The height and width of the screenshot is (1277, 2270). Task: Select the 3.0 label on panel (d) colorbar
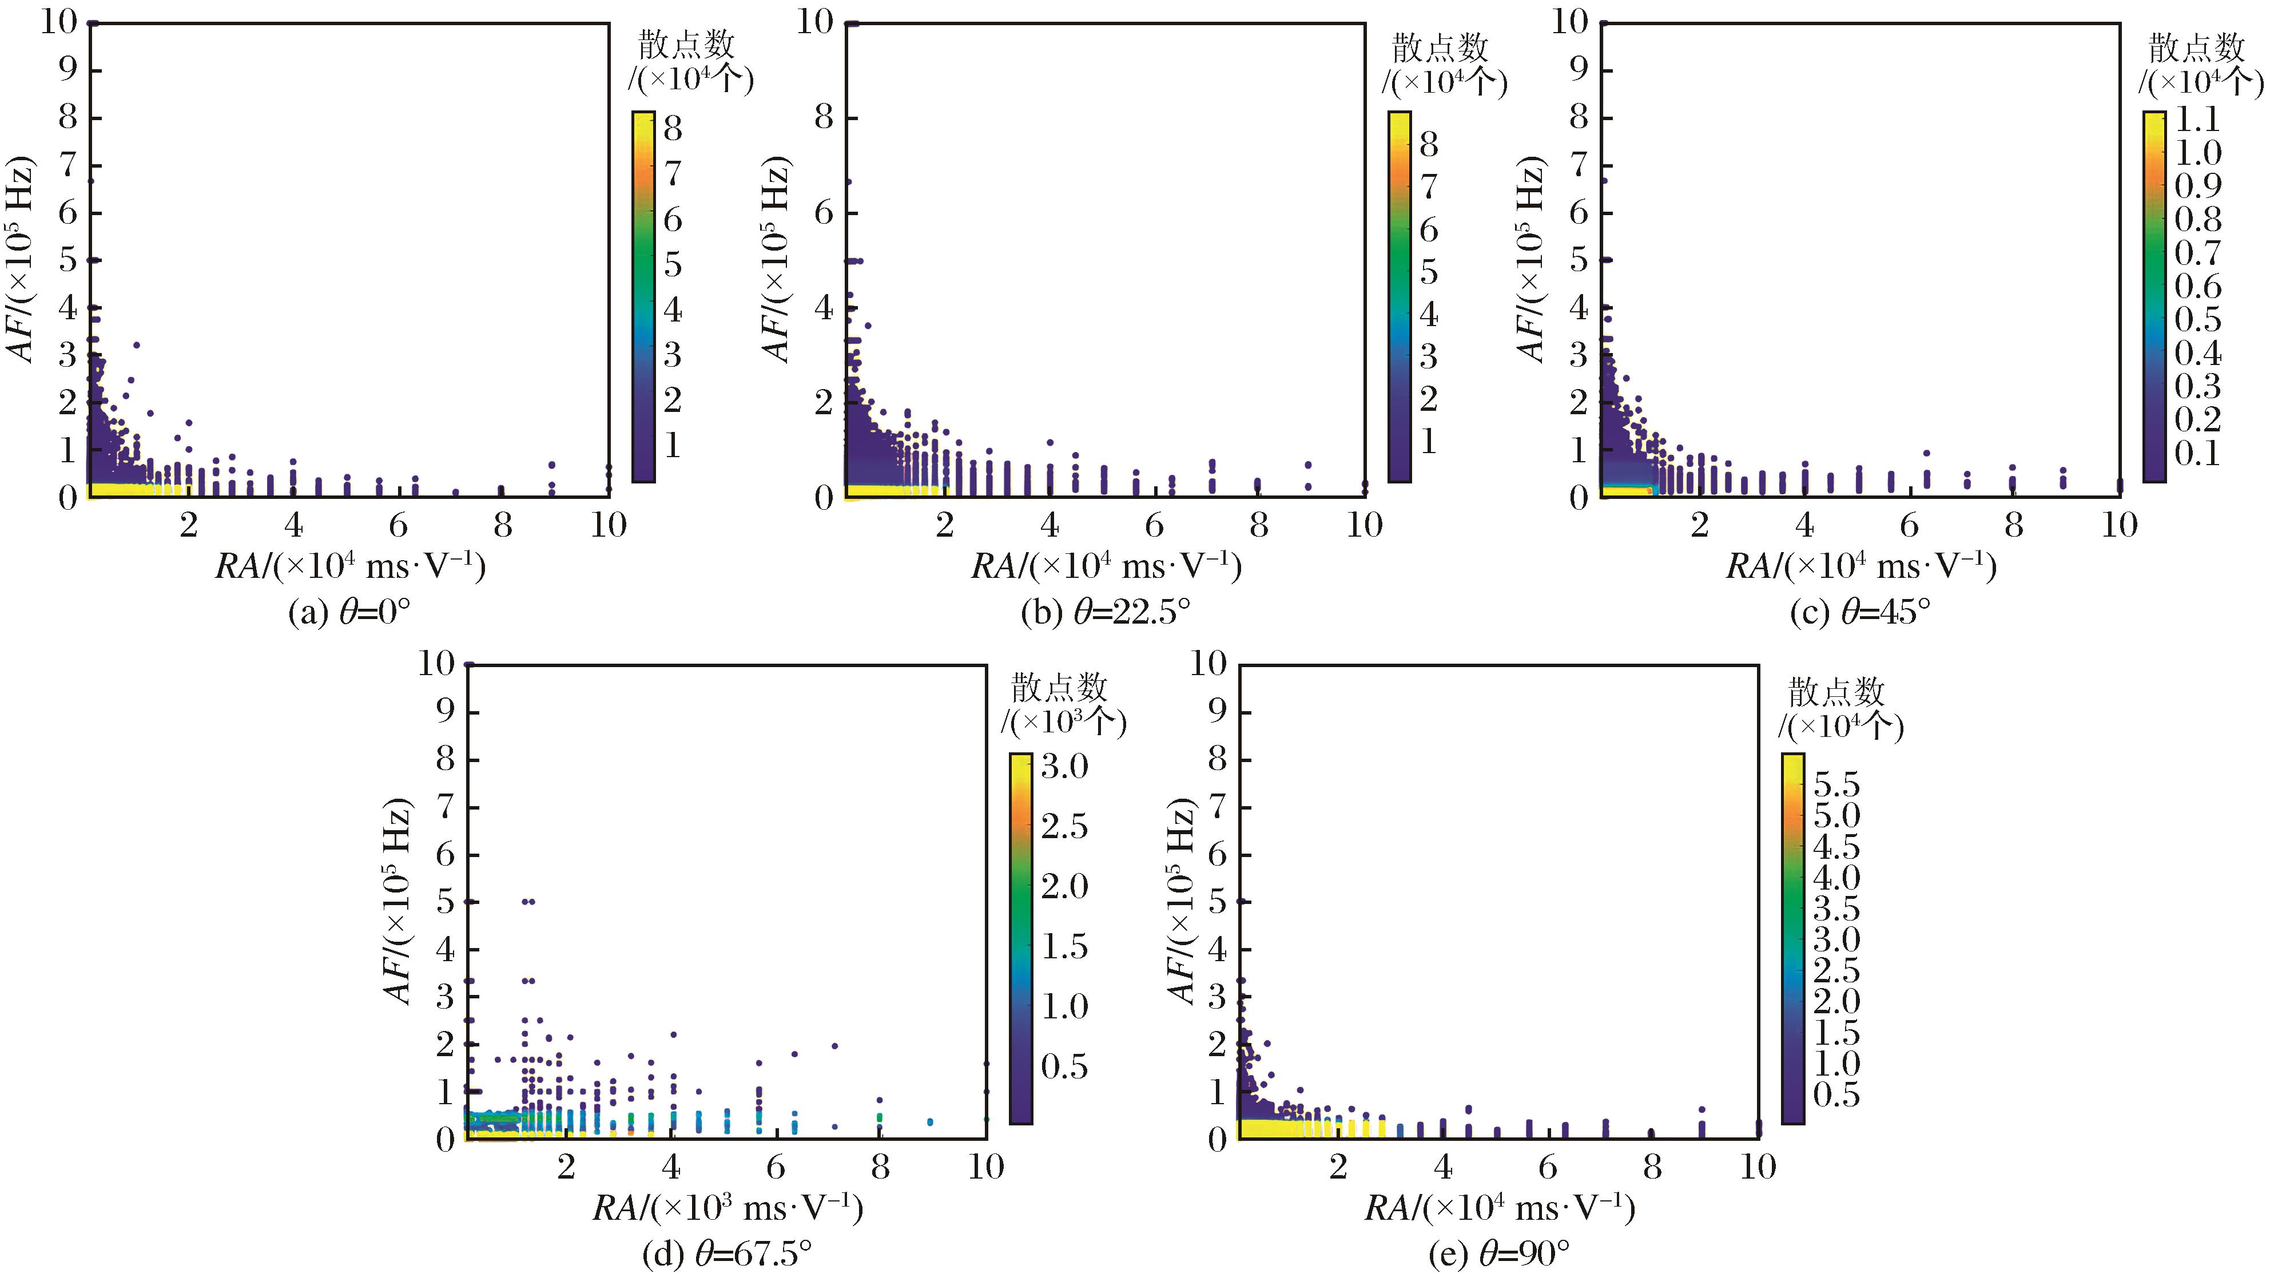pos(1064,767)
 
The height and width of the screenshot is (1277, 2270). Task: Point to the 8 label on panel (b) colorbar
pos(1429,145)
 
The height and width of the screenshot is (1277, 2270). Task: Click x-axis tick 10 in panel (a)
pos(608,526)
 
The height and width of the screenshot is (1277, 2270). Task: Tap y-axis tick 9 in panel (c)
pos(1579,70)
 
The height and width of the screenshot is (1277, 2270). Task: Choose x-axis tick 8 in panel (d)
pos(880,1168)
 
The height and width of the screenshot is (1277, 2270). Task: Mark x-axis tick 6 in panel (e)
pos(1548,1168)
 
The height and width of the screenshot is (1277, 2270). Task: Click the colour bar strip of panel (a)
pos(643,297)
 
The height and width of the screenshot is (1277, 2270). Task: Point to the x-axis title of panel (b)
pos(1106,566)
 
